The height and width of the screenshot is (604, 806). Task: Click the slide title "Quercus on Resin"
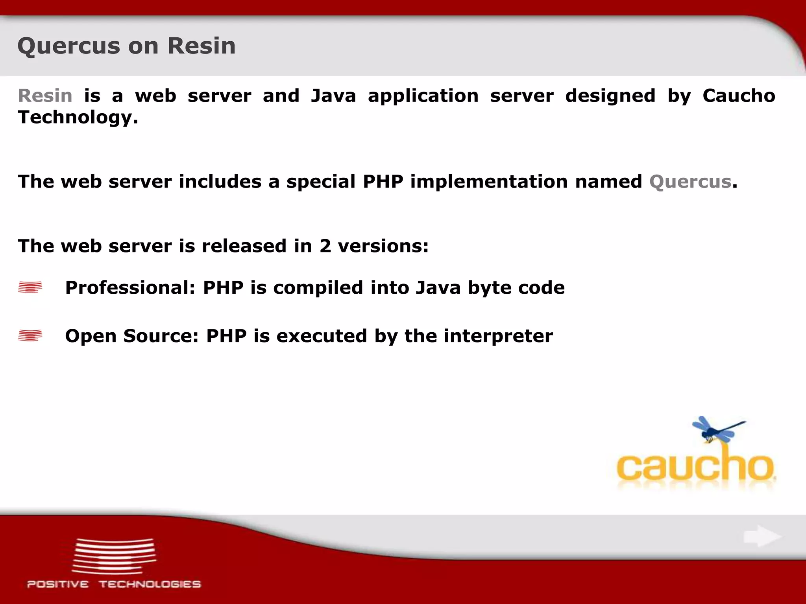point(126,46)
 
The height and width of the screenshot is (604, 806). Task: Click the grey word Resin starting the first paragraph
point(45,96)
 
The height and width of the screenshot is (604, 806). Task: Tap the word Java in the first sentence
point(333,96)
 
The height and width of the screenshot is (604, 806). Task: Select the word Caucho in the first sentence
point(739,96)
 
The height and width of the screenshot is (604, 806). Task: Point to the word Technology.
point(78,117)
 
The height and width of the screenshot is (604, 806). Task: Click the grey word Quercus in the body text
point(690,182)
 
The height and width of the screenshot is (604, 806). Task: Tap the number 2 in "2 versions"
point(325,246)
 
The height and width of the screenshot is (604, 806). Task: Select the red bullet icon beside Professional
point(30,287)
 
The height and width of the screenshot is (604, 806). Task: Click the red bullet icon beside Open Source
point(30,335)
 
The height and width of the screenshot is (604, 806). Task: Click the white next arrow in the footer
point(762,536)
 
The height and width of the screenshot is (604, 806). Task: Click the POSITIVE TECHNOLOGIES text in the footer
point(114,584)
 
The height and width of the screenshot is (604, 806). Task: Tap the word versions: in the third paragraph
point(383,246)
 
